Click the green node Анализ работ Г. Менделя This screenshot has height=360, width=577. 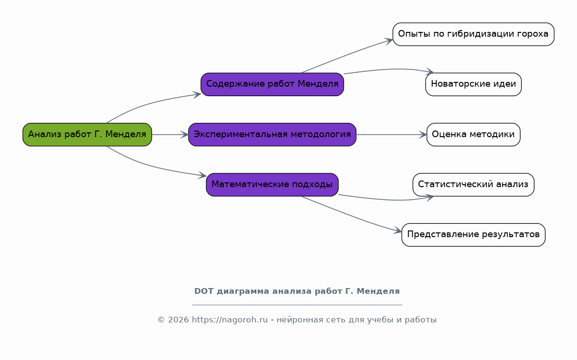point(87,134)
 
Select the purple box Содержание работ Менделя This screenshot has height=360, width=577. point(272,84)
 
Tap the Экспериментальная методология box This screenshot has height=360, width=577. point(272,134)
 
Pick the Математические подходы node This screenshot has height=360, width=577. point(272,184)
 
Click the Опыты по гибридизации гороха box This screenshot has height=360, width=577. point(473,34)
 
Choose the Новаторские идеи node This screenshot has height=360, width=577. point(473,84)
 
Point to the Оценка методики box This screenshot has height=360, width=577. point(473,134)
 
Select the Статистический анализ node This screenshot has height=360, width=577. point(473,184)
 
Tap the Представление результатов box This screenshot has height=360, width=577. point(473,235)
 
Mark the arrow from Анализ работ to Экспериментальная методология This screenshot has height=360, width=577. point(170,134)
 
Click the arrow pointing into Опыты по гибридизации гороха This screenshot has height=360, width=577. point(347,55)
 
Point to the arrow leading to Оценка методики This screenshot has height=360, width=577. point(391,134)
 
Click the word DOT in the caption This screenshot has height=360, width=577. point(204,291)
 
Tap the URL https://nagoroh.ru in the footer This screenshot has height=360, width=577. point(230,320)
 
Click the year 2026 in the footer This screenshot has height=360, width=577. point(178,320)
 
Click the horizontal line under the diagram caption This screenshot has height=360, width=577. point(297,305)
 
